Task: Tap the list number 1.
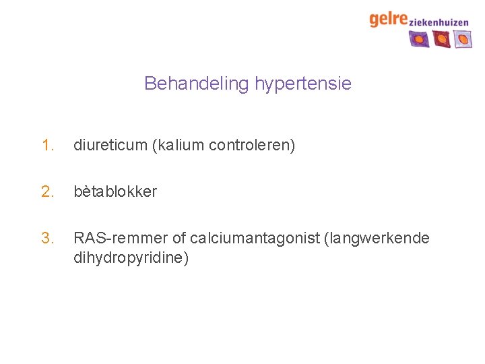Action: pyautogui.click(x=46, y=145)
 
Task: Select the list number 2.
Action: pyautogui.click(x=46, y=191)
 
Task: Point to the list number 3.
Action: pyautogui.click(x=46, y=238)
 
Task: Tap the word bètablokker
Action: pyautogui.click(x=115, y=191)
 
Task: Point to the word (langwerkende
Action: pyautogui.click(x=377, y=238)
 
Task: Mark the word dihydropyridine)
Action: pyautogui.click(x=131, y=257)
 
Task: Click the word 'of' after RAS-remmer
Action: pyautogui.click(x=179, y=238)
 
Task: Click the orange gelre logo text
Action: pyautogui.click(x=388, y=19)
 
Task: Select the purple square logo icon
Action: pyautogui.click(x=419, y=40)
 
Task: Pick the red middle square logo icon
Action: pyautogui.click(x=442, y=40)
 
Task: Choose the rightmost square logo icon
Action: pyautogui.click(x=463, y=40)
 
